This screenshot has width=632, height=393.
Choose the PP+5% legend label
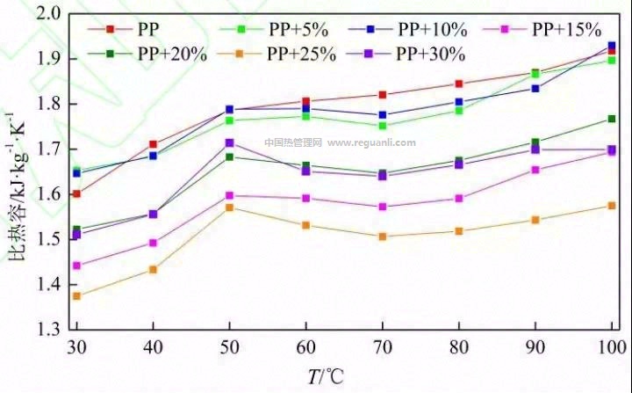[x=300, y=30]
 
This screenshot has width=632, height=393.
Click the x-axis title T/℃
[x=326, y=376]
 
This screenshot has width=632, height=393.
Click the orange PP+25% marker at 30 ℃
[x=76, y=295]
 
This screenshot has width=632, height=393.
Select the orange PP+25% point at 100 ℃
[x=612, y=206]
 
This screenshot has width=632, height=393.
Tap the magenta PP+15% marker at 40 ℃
[x=153, y=243]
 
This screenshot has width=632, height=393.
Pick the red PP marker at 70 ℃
[x=382, y=94]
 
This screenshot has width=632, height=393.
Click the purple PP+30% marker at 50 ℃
[x=229, y=142]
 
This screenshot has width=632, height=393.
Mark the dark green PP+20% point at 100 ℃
[x=612, y=119]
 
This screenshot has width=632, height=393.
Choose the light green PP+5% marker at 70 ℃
[x=382, y=126]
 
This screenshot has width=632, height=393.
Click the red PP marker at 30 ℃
[x=76, y=193]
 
